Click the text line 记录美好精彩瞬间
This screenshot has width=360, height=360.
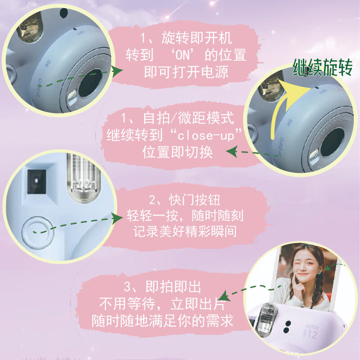click(x=185, y=231)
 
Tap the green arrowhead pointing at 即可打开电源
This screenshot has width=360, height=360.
click(x=117, y=71)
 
